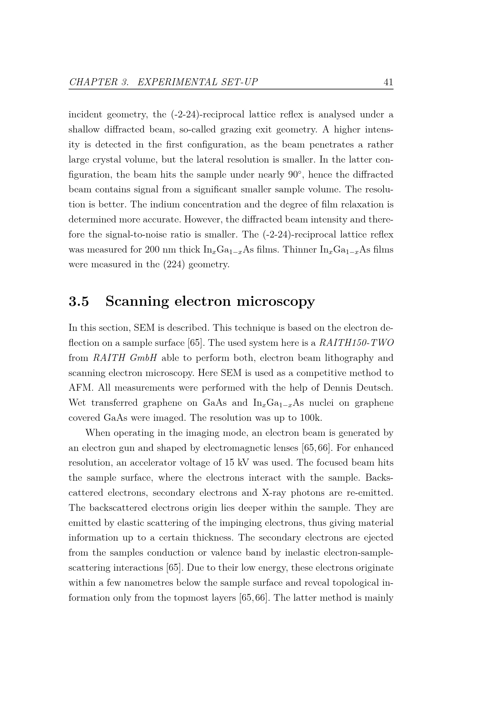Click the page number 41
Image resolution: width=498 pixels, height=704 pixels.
tap(388, 82)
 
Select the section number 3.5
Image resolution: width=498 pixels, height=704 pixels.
tap(79, 301)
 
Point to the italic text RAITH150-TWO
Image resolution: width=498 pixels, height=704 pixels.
tap(356, 343)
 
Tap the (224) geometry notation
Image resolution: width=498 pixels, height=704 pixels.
tap(173, 265)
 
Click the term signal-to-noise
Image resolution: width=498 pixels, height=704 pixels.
tap(136, 234)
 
